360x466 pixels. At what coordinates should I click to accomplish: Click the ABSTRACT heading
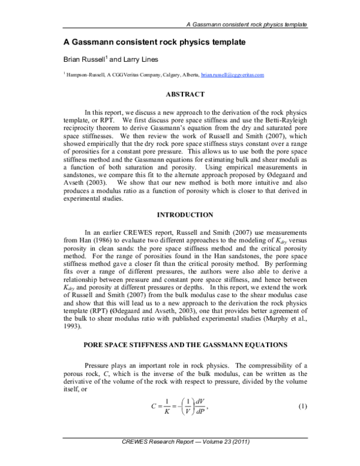tap(185, 94)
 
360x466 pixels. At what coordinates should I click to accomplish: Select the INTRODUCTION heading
tap(185, 214)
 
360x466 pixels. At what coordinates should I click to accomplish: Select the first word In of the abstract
tap(88, 112)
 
